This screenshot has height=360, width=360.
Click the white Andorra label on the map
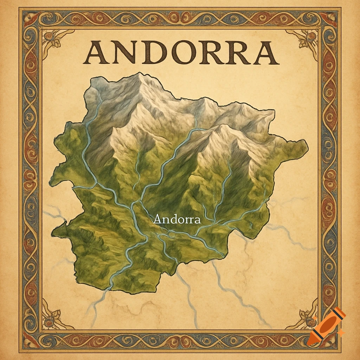(177, 219)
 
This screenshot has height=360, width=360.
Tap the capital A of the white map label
(158, 219)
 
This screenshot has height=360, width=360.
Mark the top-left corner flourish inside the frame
(53, 40)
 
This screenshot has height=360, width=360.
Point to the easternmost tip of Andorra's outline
(308, 148)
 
